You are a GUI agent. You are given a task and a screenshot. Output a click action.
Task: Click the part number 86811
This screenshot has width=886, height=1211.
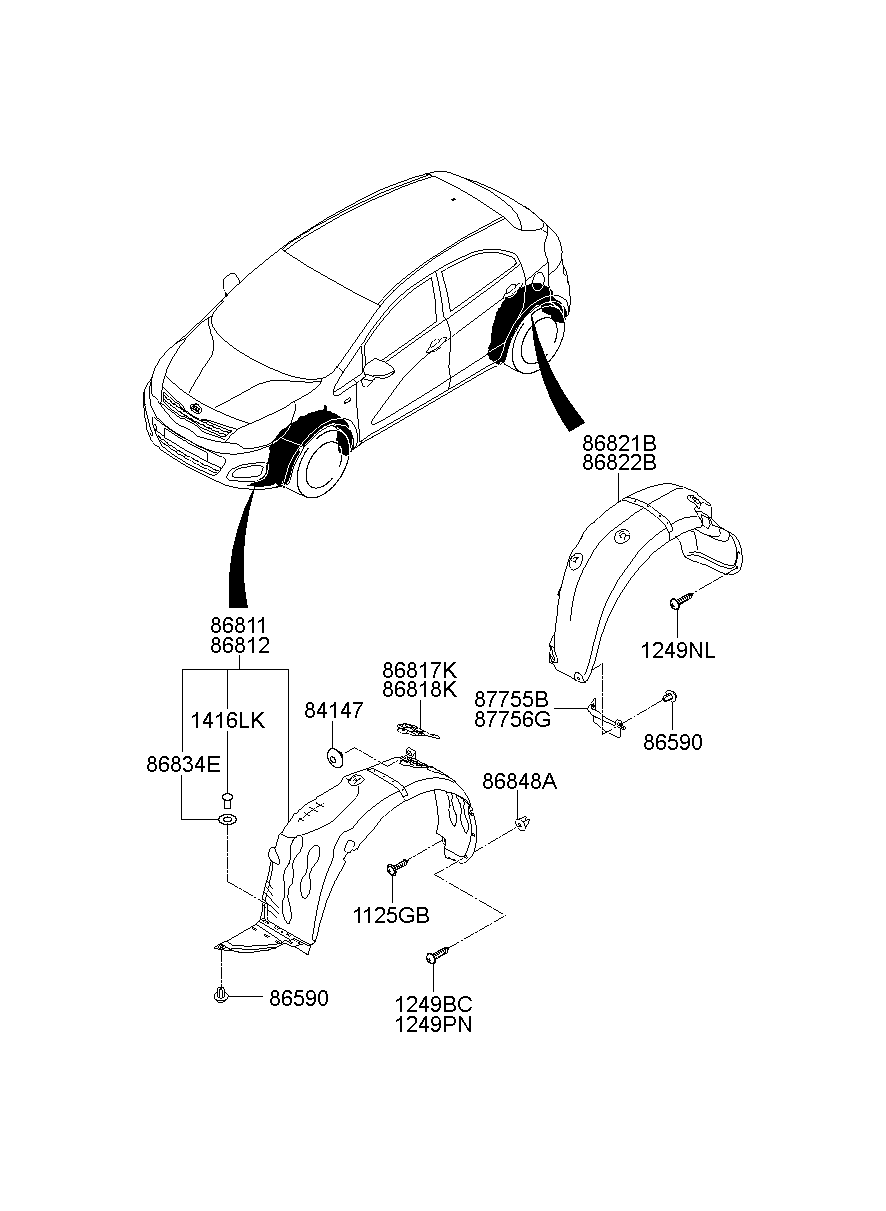(239, 625)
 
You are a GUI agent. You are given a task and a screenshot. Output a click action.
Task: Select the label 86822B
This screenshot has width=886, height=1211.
(620, 462)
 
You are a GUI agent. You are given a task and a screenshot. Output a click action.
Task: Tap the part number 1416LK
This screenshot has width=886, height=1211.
(228, 720)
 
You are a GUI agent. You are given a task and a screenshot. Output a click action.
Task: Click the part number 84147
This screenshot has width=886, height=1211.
(333, 710)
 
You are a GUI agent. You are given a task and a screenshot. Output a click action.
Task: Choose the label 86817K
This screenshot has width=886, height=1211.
(419, 669)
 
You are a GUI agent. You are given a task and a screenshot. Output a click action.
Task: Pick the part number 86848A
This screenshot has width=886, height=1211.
(519, 782)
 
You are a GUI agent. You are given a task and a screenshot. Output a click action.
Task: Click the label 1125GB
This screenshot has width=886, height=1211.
(391, 915)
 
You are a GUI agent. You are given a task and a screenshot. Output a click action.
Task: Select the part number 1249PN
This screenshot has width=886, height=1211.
(433, 1024)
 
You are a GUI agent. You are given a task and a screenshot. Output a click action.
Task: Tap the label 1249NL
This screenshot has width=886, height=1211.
(679, 651)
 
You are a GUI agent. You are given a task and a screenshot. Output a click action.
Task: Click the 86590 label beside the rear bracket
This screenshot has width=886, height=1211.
(672, 742)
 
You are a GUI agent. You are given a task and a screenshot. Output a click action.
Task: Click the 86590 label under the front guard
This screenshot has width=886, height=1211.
(297, 998)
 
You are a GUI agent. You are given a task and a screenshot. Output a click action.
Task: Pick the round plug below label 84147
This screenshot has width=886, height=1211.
(335, 755)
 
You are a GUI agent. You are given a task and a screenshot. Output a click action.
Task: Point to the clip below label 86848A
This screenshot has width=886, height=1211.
(521, 823)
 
